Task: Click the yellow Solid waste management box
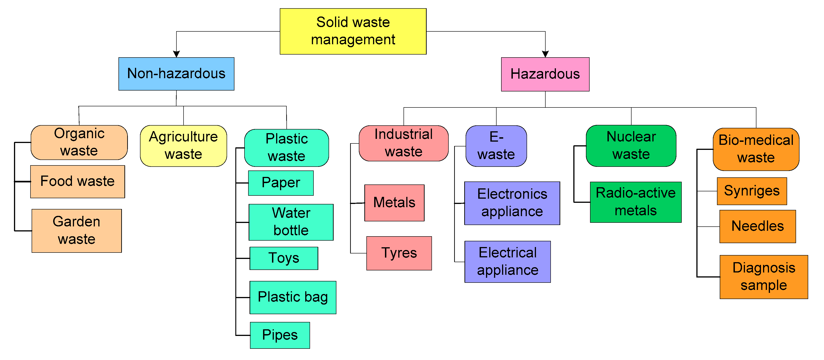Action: [353, 31]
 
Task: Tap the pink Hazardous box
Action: [545, 74]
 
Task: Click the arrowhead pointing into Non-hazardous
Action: [176, 54]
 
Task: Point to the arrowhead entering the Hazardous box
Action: [545, 54]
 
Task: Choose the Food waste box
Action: [77, 181]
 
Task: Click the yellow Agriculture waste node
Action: [183, 146]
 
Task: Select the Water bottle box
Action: [291, 222]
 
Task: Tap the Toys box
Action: [284, 258]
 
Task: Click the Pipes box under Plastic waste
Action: [280, 335]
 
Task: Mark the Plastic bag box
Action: [293, 297]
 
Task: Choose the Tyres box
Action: [399, 253]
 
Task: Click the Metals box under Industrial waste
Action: [394, 203]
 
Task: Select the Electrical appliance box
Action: [507, 261]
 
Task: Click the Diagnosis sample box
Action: [764, 277]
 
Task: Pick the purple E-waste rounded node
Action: [496, 146]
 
